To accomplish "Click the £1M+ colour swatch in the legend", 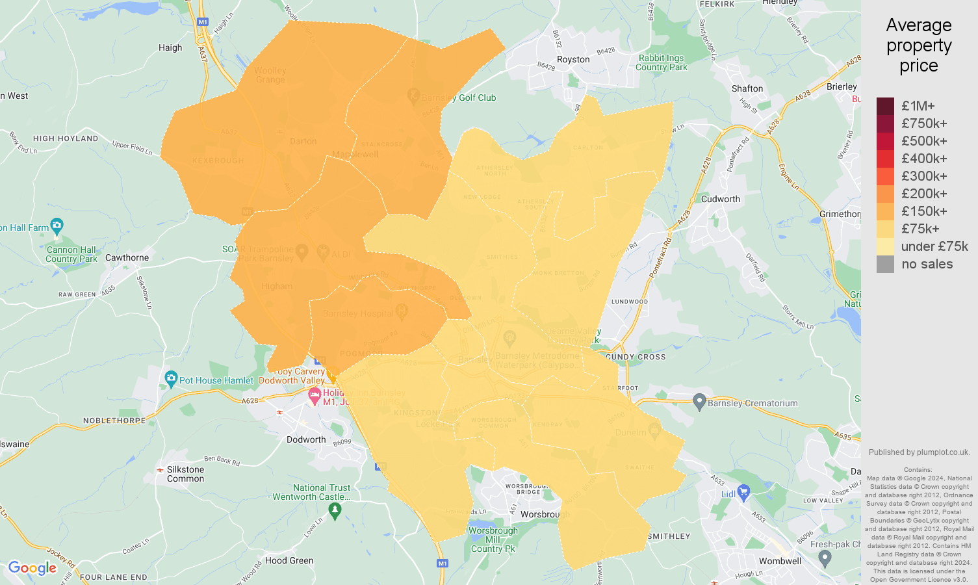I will pos(885,106).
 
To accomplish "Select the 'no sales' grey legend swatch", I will pos(885,264).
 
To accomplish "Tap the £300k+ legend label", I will pos(924,176).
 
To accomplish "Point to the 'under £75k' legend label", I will pos(934,246).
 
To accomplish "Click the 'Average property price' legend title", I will pos(918,45).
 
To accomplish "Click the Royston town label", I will pos(573,59).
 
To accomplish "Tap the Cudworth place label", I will pos(720,199).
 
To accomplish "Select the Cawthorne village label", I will pos(127,257).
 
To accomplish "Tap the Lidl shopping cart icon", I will pos(744,492).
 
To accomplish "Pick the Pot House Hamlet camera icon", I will pos(171,378).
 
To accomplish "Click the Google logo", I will pos(32,568).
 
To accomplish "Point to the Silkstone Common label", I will pos(185,474).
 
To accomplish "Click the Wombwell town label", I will pos(780,561).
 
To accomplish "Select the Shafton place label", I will pos(747,88).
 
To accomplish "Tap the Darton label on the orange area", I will pos(303,141).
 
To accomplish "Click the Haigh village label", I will pos(170,47).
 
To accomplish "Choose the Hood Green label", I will pos(289,560).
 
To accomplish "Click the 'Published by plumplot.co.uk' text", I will pos(919,452).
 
